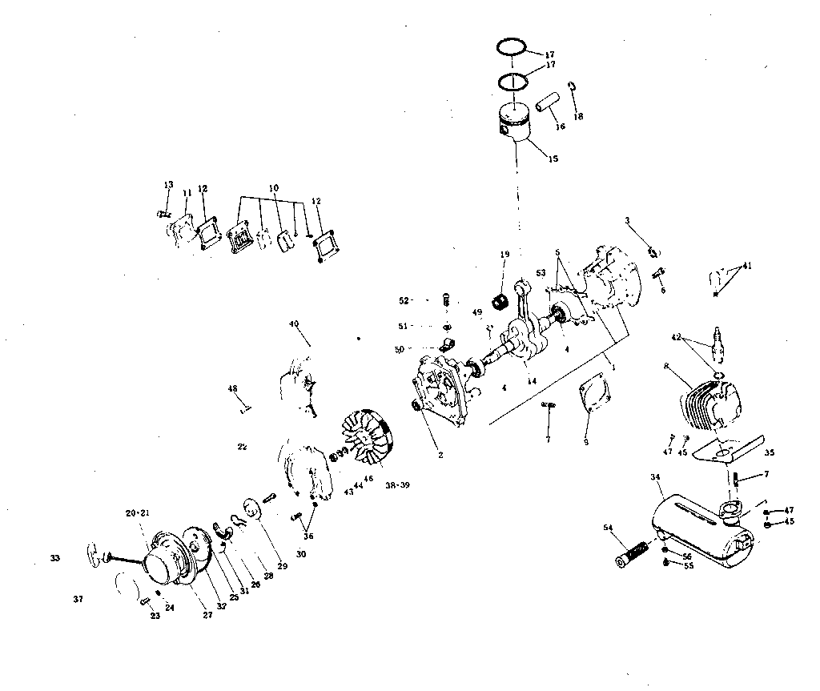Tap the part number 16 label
click(x=561, y=127)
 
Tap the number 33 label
click(x=54, y=558)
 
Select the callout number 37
click(x=77, y=599)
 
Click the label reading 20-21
click(x=136, y=512)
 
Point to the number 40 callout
click(x=294, y=324)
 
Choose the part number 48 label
click(x=232, y=389)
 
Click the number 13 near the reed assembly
click(x=168, y=185)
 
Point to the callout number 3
click(x=628, y=219)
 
